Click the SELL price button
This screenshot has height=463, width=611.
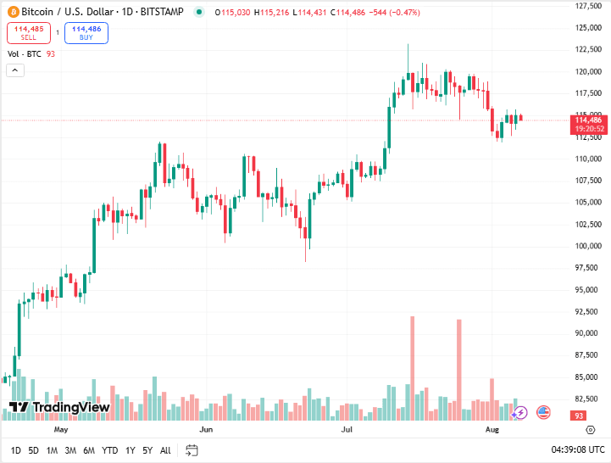pos(28,33)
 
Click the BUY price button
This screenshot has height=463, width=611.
pos(86,33)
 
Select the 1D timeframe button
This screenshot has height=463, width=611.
pos(16,450)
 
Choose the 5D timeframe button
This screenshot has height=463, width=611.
pos(33,450)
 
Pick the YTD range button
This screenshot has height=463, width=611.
pos(109,450)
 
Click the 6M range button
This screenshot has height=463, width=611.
pos(89,450)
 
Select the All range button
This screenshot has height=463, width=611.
pos(165,450)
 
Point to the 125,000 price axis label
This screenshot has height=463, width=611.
pos(588,28)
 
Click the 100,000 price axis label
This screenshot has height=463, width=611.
pos(588,246)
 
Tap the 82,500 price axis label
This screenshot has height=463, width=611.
pos(588,399)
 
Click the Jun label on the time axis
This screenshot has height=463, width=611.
pos(205,430)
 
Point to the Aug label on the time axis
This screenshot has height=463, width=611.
pos(493,430)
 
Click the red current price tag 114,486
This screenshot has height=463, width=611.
pos(588,120)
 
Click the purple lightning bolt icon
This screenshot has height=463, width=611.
pos(520,412)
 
